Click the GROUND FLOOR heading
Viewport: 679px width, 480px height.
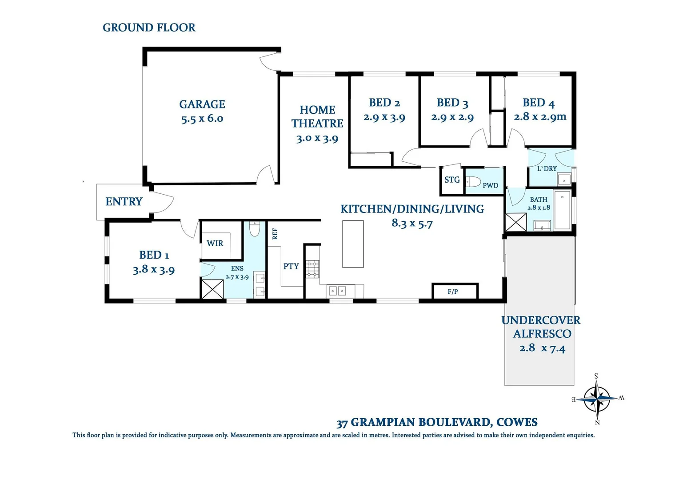[149, 28]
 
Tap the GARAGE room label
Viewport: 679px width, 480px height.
[202, 104]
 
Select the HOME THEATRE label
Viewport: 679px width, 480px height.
[317, 116]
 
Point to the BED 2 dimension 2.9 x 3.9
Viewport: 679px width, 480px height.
[384, 117]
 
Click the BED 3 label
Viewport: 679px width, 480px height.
[452, 103]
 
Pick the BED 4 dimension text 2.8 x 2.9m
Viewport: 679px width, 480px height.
[540, 117]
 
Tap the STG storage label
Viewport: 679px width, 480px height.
[452, 180]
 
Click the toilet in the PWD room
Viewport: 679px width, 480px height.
[473, 182]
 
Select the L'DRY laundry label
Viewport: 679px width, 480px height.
[547, 168]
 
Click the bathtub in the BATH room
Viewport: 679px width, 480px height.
[562, 210]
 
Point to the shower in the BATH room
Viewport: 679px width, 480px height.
[516, 222]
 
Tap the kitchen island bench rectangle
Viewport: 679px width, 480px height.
[353, 244]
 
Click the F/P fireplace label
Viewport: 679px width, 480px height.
[453, 292]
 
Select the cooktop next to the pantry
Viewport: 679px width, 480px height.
[312, 269]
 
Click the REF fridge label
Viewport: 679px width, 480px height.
[275, 234]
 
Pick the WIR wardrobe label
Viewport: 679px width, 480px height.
[215, 243]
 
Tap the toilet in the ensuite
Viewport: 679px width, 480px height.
[254, 229]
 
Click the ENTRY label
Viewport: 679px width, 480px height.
[124, 202]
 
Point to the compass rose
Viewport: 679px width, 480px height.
[597, 399]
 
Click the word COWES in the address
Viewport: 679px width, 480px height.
[517, 422]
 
